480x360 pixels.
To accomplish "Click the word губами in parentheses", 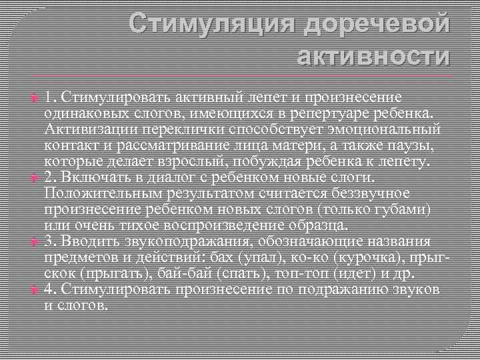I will click(x=403, y=209).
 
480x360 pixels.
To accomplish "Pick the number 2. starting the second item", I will click(x=51, y=177).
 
